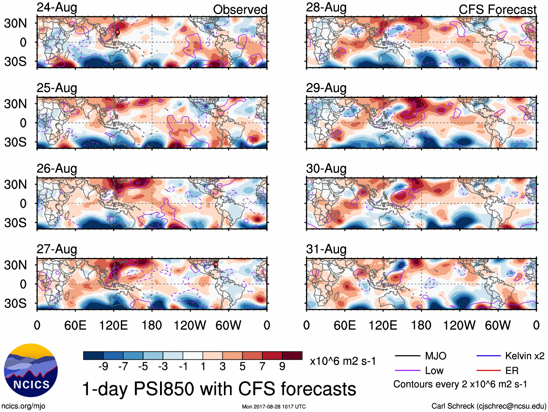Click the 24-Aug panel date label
point(57,7)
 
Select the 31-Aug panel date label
point(326,249)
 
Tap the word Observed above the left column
point(240,9)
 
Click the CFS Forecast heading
point(497,9)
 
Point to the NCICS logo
point(31,370)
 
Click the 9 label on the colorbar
point(282,367)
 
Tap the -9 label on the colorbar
point(103,367)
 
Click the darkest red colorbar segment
point(292,355)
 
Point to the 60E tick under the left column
point(75,325)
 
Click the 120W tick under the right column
point(459,325)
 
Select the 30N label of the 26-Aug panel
point(15,184)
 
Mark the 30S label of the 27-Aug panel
point(15,303)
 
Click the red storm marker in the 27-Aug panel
point(216,264)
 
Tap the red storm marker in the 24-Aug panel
point(117,32)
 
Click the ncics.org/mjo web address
point(23,406)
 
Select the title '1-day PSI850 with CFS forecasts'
point(219,389)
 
